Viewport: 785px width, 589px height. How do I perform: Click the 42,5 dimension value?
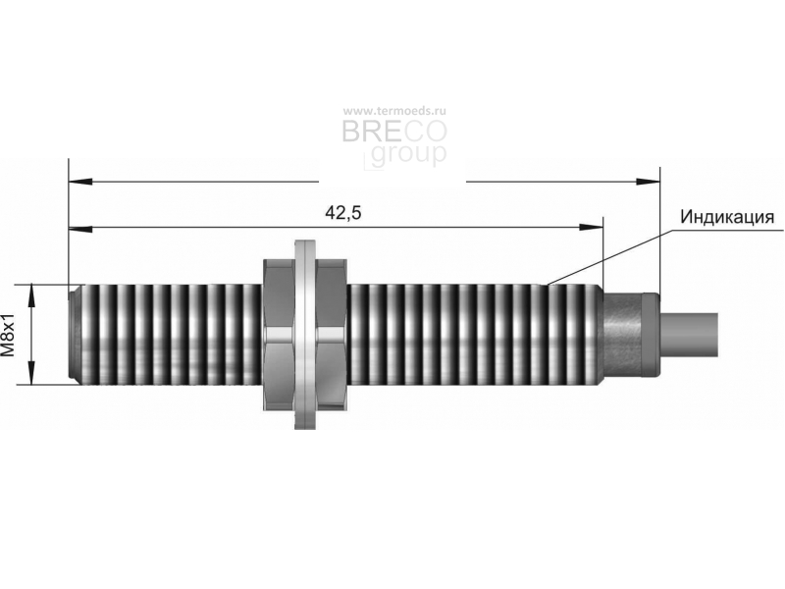342,213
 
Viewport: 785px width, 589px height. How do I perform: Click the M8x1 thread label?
8,335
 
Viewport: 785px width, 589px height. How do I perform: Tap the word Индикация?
727,217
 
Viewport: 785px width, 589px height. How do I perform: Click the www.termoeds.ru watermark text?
394,111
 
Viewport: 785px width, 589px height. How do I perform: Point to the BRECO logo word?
394,133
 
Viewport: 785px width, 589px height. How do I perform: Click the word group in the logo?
408,154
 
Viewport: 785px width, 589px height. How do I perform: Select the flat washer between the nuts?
305,335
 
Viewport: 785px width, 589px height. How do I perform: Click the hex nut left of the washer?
279,335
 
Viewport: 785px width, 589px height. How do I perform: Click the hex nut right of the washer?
332,335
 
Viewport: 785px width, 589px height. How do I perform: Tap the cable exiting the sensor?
690,335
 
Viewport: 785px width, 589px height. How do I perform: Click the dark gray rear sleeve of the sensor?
632,335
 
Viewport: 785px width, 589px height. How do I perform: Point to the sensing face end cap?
75,335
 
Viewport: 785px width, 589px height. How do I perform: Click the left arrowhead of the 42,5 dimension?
80,229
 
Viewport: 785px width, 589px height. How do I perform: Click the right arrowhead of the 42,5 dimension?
592,227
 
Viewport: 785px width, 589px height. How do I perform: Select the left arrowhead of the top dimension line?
80,182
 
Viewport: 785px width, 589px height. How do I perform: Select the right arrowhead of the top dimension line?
648,181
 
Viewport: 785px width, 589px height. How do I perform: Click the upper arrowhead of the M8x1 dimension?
31,296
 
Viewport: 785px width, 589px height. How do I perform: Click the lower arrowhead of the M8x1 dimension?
31,373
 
